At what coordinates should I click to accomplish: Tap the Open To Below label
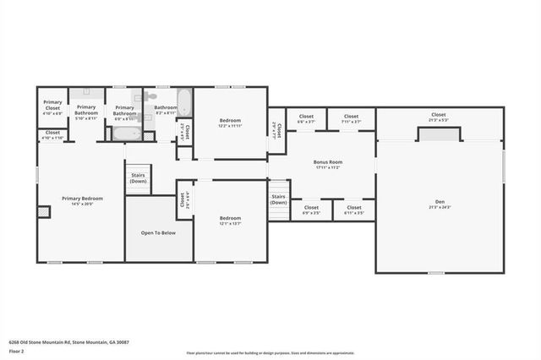pos(158,232)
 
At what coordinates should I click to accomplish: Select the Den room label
pos(439,202)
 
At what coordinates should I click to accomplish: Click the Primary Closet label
pos(52,106)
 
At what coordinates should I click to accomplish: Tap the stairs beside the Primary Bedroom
pos(138,177)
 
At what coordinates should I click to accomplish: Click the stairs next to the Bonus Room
pos(278,199)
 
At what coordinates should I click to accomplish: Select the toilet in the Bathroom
pos(151,96)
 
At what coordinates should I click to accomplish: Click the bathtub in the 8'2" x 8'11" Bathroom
pos(183,102)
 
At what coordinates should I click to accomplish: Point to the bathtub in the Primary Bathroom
pos(126,134)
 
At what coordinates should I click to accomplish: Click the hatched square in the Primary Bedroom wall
pos(43,211)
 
